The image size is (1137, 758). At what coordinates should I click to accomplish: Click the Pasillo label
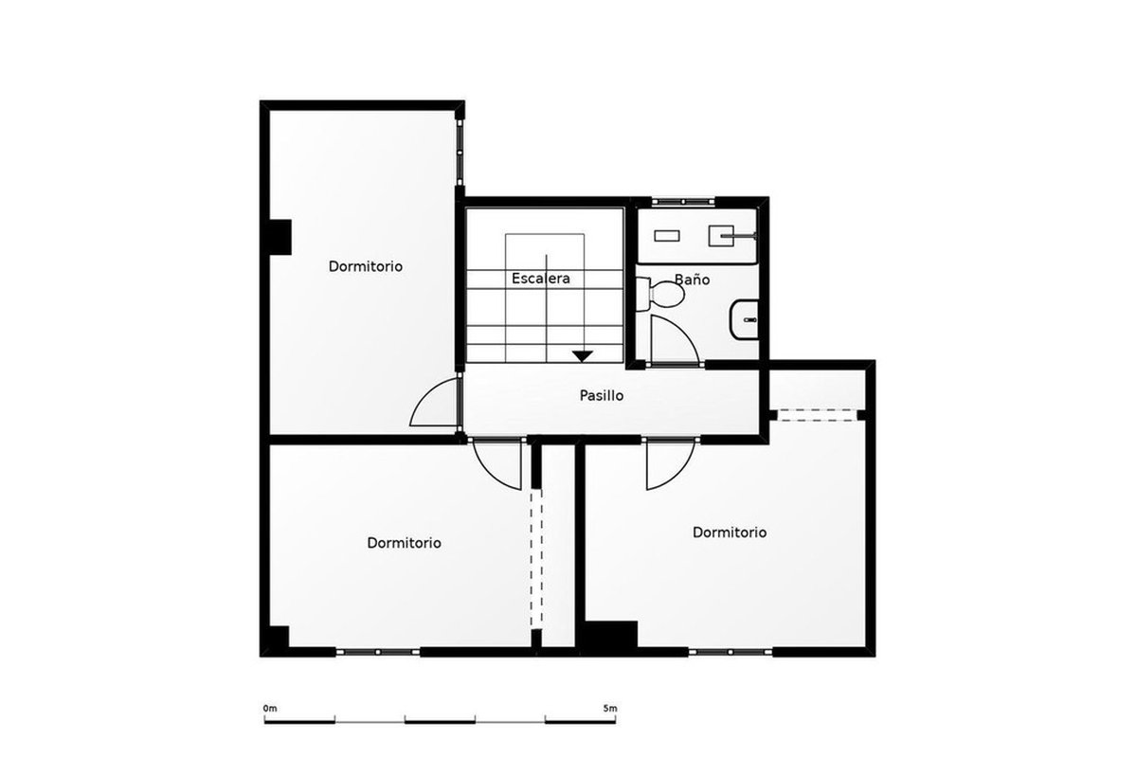point(602,395)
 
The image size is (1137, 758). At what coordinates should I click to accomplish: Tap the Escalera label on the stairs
point(541,279)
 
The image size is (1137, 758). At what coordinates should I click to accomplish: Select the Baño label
point(692,280)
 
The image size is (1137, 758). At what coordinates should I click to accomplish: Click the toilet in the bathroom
point(660,294)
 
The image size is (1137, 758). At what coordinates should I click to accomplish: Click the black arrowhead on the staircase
point(583,356)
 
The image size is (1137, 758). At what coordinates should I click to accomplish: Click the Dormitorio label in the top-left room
point(366,266)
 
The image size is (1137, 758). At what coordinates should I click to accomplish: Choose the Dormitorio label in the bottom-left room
point(404,543)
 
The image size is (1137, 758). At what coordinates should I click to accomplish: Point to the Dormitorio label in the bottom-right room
point(730,532)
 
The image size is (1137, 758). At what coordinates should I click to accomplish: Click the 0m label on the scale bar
point(270,708)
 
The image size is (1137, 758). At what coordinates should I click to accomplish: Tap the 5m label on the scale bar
point(610,708)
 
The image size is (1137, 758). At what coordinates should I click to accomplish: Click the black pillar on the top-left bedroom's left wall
point(280,237)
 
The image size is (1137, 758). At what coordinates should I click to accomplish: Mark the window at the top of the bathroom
point(683,202)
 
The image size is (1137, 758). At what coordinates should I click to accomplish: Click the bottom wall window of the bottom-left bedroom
point(378,652)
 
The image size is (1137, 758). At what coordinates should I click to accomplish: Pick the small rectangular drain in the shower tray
point(667,236)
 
